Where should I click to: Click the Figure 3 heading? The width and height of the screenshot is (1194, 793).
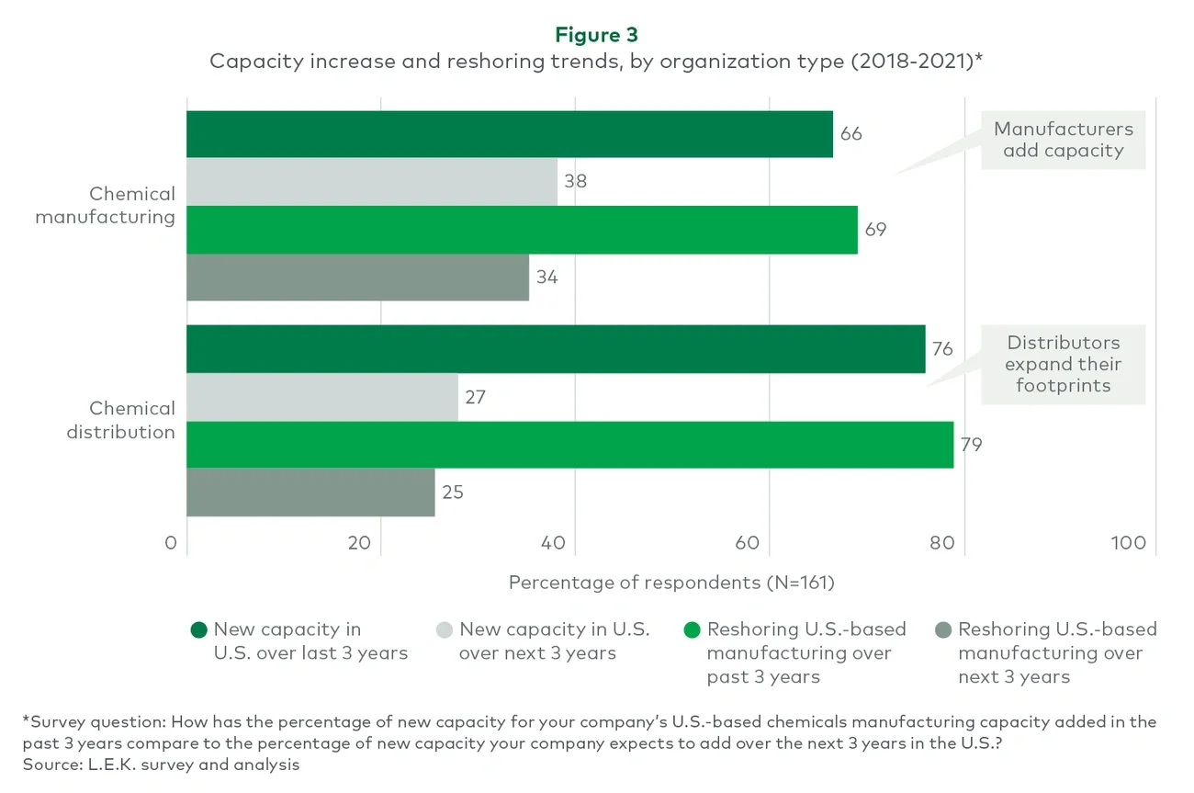596,35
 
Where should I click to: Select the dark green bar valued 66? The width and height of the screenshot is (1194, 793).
509,134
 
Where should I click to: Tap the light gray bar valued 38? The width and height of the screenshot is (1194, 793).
372,182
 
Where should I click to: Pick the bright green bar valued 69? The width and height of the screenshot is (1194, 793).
522,230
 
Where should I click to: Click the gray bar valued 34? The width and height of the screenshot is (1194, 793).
357,278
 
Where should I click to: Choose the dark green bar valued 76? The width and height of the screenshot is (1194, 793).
556,349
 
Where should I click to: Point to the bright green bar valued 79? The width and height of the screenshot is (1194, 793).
569,445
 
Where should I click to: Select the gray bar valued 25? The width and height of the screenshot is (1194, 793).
310,493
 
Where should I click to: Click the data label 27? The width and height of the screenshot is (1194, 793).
475,398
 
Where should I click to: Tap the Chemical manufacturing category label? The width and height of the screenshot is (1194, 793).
105,206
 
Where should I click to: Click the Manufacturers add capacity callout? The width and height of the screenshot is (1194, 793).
1063,140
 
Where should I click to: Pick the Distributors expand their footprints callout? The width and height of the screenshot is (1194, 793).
1063,364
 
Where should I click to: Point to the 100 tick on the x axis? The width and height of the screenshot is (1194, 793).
1128,543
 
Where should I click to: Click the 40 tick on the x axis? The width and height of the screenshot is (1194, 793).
553,543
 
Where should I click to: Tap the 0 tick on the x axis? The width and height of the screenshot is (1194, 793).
171,543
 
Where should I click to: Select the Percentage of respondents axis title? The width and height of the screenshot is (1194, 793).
670,583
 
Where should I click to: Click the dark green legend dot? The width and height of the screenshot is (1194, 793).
198,630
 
